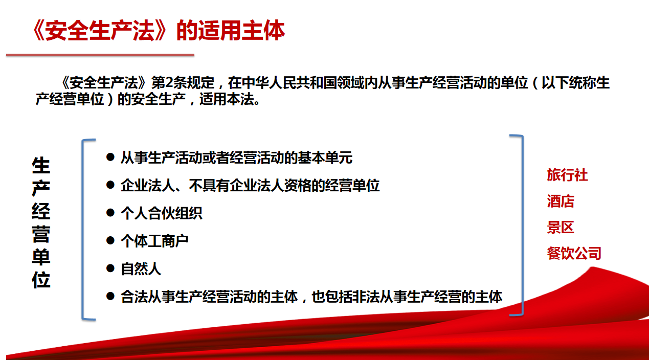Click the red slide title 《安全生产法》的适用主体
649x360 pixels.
[x=159, y=30]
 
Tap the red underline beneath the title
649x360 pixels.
[x=100, y=55]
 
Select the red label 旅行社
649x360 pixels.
[x=567, y=175]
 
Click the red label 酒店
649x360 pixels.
[x=561, y=201]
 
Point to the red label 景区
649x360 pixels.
[x=561, y=227]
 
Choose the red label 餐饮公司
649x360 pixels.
[x=574, y=253]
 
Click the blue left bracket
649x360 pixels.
[x=83, y=230]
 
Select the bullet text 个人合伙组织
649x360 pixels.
[x=162, y=213]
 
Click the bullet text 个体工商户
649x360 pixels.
[x=154, y=241]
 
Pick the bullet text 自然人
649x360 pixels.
[x=141, y=269]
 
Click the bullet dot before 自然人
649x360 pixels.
[x=110, y=268]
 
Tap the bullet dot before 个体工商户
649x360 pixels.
[x=110, y=240]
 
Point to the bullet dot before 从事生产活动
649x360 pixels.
[x=110, y=157]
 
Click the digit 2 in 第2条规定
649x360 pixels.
[x=169, y=83]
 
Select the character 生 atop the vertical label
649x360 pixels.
[x=41, y=165]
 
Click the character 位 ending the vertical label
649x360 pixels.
[x=41, y=280]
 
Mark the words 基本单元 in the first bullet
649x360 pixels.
[x=325, y=157]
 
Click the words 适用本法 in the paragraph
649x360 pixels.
[x=226, y=99]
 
